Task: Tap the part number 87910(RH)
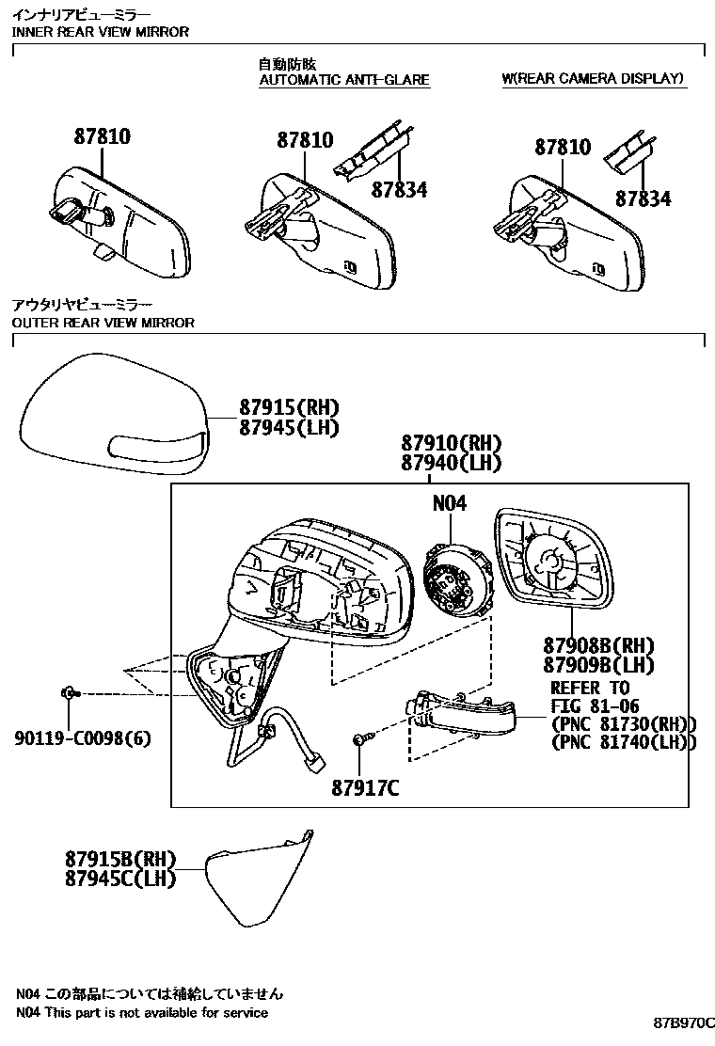(x=451, y=443)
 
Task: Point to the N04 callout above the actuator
(x=450, y=503)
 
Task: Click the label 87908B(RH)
(x=598, y=645)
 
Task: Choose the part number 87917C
(x=364, y=788)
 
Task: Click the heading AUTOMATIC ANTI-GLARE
(x=344, y=80)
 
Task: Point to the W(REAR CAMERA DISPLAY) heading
(x=593, y=78)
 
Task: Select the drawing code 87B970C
(x=684, y=1022)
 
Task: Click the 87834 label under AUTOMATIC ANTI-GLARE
(x=399, y=189)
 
